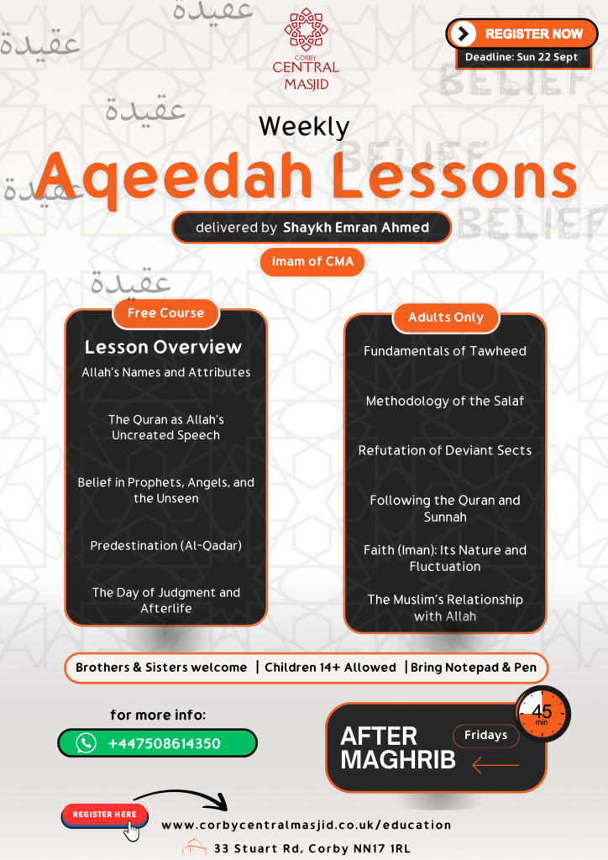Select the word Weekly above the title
[x=304, y=126]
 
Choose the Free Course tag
[x=165, y=313]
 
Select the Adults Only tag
[x=446, y=317]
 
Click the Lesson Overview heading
[x=163, y=347]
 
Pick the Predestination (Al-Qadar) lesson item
[x=165, y=546]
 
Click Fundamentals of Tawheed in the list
[x=445, y=351]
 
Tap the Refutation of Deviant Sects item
[x=445, y=450]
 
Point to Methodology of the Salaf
[x=445, y=401]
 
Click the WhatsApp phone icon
[x=86, y=743]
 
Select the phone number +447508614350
[x=165, y=743]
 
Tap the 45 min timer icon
[x=542, y=714]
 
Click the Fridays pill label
[x=486, y=736]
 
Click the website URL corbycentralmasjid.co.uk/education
[x=306, y=826]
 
